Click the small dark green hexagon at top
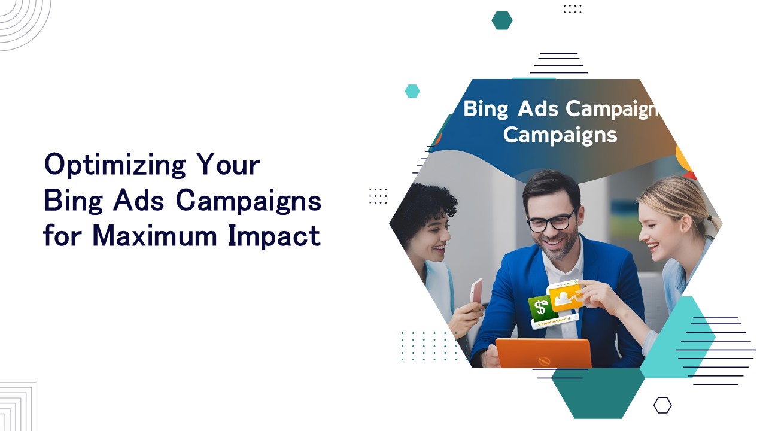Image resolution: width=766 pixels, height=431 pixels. pyautogui.click(x=502, y=20)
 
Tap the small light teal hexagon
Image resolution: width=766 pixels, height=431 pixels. pyautogui.click(x=412, y=91)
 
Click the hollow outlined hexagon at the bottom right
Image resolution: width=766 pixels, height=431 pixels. pyautogui.click(x=662, y=405)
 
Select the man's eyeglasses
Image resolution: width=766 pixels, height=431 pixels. pyautogui.click(x=551, y=220)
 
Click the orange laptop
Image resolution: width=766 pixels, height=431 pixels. pyautogui.click(x=543, y=353)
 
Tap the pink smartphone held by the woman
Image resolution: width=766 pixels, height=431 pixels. pyautogui.click(x=476, y=292)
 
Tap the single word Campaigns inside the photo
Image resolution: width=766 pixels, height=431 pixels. pyautogui.click(x=560, y=135)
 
